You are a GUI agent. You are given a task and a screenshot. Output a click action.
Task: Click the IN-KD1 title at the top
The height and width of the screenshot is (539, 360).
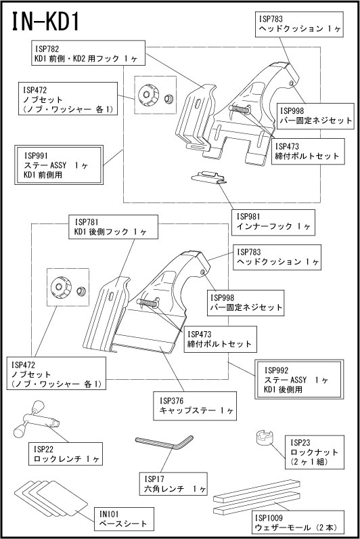pyautogui.click(x=46, y=22)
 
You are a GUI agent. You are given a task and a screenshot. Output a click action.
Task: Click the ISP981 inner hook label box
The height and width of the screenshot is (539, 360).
pyautogui.click(x=273, y=222)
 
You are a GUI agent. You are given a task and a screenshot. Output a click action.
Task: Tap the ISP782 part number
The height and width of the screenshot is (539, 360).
pyautogui.click(x=47, y=49)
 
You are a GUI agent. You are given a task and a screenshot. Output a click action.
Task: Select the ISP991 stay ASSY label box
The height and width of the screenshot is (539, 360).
pyautogui.click(x=59, y=165)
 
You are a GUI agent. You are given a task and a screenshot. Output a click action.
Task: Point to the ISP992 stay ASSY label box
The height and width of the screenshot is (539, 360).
pyautogui.click(x=299, y=379)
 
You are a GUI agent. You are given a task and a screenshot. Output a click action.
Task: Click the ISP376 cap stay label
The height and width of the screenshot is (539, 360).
pyautogui.click(x=195, y=406)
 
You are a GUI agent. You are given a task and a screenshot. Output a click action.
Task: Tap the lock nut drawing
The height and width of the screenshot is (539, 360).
pyautogui.click(x=264, y=438)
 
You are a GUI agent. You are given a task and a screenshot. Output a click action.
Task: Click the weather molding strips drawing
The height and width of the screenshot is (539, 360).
pyautogui.click(x=257, y=498)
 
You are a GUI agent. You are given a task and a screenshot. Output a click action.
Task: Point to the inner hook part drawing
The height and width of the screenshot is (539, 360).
pyautogui.click(x=208, y=177)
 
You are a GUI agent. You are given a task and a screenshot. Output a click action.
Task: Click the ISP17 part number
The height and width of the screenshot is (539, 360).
pyautogui.click(x=154, y=479)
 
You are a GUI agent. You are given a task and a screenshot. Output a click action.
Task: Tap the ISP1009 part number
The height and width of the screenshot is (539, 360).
pyautogui.click(x=269, y=518)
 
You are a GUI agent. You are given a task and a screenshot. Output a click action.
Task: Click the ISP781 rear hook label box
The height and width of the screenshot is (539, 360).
pyautogui.click(x=114, y=227)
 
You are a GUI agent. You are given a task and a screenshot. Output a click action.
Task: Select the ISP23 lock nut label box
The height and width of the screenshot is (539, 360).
pyautogui.click(x=314, y=452)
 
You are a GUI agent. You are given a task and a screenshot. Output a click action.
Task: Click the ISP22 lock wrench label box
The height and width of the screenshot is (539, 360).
pyautogui.click(x=66, y=454)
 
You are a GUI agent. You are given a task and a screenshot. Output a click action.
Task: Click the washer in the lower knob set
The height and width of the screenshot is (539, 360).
pyautogui.click(x=81, y=290)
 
